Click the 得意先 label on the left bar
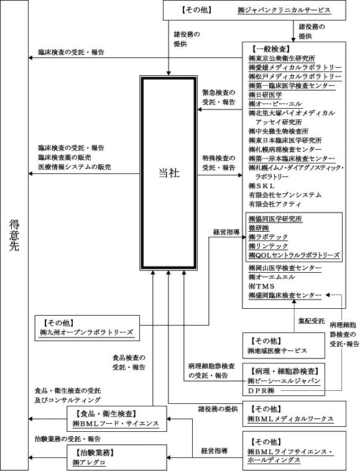coord(14,236)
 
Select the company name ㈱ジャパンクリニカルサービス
coord(284,10)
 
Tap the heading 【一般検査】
coord(270,49)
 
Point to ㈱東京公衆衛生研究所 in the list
coord(278,58)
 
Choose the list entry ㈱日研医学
coord(265,95)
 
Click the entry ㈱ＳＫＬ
coord(261,186)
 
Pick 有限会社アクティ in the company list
coord(275,204)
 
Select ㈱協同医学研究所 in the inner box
coord(275,219)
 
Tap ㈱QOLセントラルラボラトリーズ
coord(294,255)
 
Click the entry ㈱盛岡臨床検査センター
coord(285,295)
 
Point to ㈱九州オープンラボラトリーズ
coord(86,332)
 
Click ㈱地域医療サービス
coord(277,350)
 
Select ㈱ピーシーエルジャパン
coord(284,381)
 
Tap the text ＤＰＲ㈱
coord(261,391)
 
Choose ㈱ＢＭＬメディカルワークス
coord(290,419)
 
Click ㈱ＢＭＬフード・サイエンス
coord(116,424)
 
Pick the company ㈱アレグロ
coord(89,462)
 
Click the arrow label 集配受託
coord(312,321)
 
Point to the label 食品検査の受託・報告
coord(129,362)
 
